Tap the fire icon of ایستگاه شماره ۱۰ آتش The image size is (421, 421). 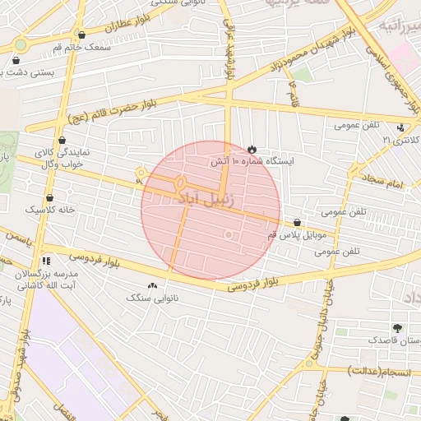[x=251, y=149]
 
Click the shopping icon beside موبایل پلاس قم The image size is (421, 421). [x=297, y=222]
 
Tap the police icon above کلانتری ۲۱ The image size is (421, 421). [x=400, y=127]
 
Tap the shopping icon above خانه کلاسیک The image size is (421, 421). [x=50, y=197]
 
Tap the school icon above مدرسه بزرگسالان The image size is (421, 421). [x=46, y=260]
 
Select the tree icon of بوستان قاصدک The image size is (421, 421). [x=398, y=328]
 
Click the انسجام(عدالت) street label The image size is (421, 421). [x=383, y=372]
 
